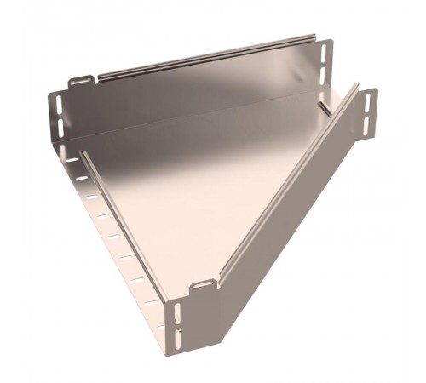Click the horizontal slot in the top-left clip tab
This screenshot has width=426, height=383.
[x=81, y=82]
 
